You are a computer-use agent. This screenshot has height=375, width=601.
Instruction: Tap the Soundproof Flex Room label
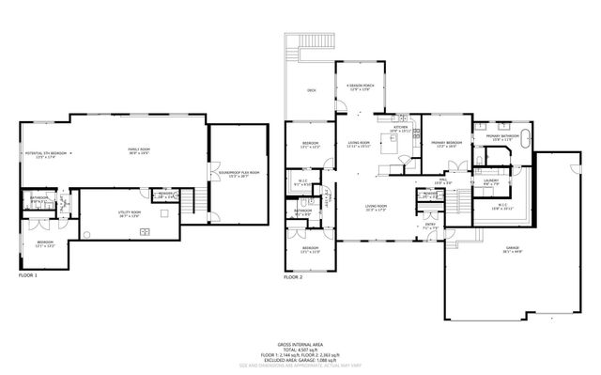239,174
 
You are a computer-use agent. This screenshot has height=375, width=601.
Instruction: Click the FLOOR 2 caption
294,277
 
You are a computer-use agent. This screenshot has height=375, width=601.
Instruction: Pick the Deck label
311,91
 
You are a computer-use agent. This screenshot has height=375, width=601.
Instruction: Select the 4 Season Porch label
360,88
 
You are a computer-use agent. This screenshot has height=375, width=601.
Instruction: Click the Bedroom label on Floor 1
45,243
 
